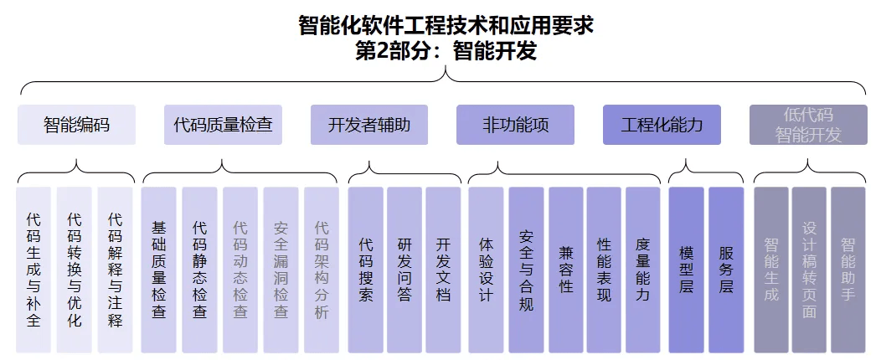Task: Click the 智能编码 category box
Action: coord(76,125)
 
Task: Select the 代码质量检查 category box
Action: coord(223,125)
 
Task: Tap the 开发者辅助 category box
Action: coord(369,125)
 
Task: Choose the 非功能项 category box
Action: coord(515,125)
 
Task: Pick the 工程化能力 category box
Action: coord(662,125)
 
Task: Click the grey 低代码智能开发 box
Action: coord(808,125)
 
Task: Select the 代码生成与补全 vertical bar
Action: coord(33,270)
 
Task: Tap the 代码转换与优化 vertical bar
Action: coord(75,270)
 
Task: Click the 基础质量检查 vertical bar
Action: coord(158,270)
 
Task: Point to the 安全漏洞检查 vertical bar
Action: coord(281,270)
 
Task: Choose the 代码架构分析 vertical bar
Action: coord(322,270)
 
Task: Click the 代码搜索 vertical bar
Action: coord(366,270)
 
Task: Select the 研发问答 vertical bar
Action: coord(404,270)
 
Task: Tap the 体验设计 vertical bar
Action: coord(486,270)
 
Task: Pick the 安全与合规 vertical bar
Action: coord(527,270)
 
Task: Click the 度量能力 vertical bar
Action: coord(643,270)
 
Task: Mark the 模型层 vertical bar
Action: coord(686,270)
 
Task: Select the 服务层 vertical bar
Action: coord(726,270)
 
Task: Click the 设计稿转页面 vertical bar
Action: coord(809,270)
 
